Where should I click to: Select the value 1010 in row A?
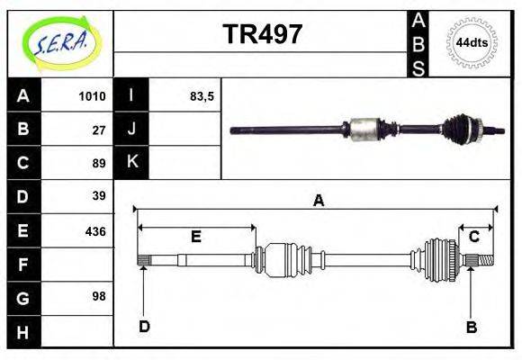[x=93, y=96]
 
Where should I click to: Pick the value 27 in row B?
[x=99, y=130]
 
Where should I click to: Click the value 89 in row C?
[x=99, y=164]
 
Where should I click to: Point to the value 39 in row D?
[x=99, y=196]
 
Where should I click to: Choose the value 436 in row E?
[x=95, y=230]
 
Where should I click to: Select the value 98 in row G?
[x=99, y=296]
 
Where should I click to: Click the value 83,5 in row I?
[x=202, y=96]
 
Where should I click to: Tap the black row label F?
[x=23, y=265]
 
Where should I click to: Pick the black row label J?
[x=131, y=130]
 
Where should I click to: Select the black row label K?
[x=131, y=163]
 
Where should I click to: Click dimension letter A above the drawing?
[x=318, y=201]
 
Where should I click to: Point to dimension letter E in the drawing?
[x=195, y=237]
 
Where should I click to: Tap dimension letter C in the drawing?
[x=473, y=237]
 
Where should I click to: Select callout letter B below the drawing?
[x=471, y=327]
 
